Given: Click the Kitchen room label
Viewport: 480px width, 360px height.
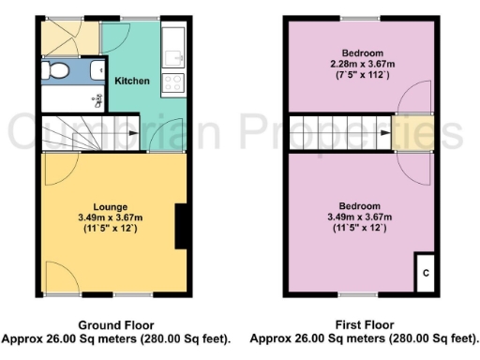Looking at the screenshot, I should [x=132, y=81].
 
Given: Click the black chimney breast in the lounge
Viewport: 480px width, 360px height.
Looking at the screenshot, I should [x=179, y=225].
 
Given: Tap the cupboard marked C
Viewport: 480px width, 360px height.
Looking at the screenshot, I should [x=425, y=273].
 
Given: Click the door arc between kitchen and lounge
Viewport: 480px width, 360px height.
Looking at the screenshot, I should [x=157, y=136].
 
